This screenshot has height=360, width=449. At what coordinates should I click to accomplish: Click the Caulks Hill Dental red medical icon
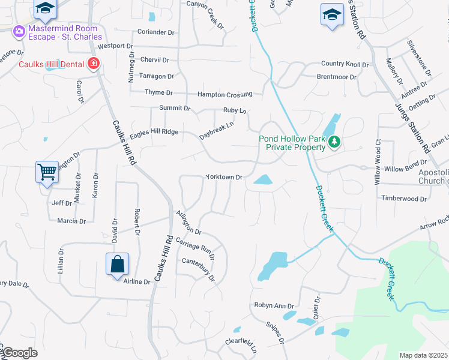[x=93, y=63]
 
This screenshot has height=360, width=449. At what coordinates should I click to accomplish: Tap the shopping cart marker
[x=47, y=173]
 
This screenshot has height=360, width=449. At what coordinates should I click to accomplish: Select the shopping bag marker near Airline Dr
[x=117, y=265]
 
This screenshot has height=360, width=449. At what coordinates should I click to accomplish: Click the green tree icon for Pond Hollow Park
[x=334, y=142]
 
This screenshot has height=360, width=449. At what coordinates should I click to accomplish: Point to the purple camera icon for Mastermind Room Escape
[x=19, y=31]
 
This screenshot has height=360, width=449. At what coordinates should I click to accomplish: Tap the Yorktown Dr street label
[x=223, y=178]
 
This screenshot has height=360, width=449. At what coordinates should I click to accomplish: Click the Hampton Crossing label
[x=225, y=95]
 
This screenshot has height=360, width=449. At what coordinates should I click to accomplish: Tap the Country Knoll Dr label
[x=345, y=64]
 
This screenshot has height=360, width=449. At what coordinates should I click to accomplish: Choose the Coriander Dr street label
[x=155, y=32]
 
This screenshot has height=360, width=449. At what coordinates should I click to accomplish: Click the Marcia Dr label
[x=71, y=221]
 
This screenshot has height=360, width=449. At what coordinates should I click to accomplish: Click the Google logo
[x=20, y=353]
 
